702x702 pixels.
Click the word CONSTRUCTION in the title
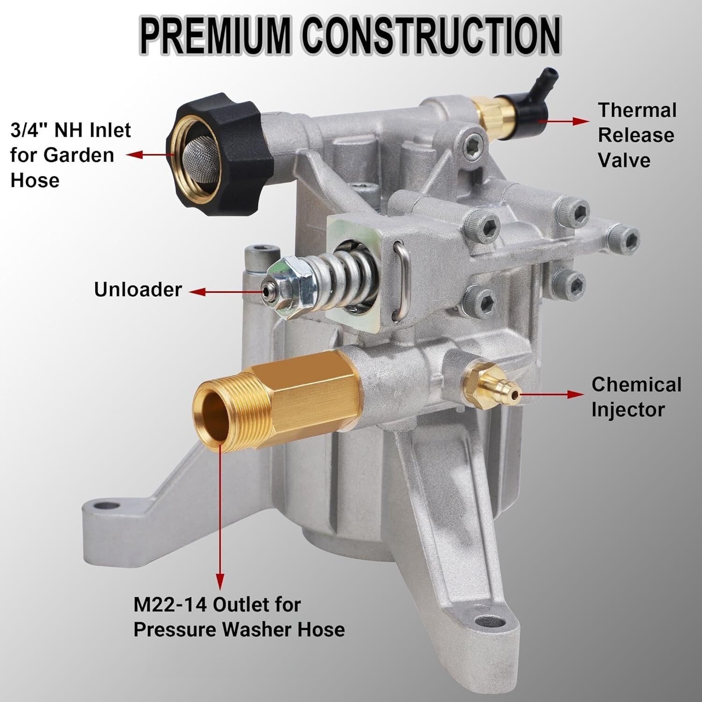(x=431, y=36)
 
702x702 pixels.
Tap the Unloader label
(x=138, y=290)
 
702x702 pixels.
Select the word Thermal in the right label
(x=637, y=110)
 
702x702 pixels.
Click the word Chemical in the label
(x=636, y=385)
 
